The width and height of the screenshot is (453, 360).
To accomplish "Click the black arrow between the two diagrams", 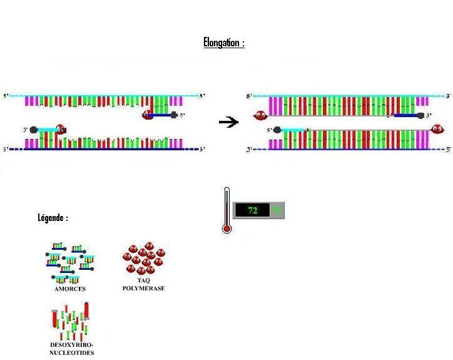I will click(x=229, y=122).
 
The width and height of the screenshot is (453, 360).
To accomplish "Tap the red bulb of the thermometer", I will click(x=227, y=229).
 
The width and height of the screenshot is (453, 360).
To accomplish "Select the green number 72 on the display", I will click(x=252, y=210).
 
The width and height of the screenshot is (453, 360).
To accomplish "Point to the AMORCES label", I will click(x=70, y=289).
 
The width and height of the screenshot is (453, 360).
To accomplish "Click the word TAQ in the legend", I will click(x=143, y=280).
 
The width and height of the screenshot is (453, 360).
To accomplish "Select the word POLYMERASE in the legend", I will click(x=143, y=289).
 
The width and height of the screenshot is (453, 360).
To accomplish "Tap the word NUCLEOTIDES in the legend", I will click(x=72, y=353).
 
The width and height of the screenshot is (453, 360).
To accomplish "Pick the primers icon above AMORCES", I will click(x=69, y=262).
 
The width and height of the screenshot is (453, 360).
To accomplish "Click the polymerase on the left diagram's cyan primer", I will click(x=60, y=130).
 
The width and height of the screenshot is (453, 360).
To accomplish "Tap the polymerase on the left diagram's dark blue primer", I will click(x=148, y=115).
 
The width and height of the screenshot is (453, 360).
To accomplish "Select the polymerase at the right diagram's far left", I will click(x=259, y=115).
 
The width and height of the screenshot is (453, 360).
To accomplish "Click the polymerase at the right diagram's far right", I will click(x=437, y=130).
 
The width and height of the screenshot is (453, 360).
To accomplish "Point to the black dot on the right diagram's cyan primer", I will click(x=278, y=130).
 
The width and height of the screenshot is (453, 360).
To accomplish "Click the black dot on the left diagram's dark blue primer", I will click(x=174, y=115).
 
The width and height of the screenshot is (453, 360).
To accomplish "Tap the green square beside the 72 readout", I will click(x=276, y=210).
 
